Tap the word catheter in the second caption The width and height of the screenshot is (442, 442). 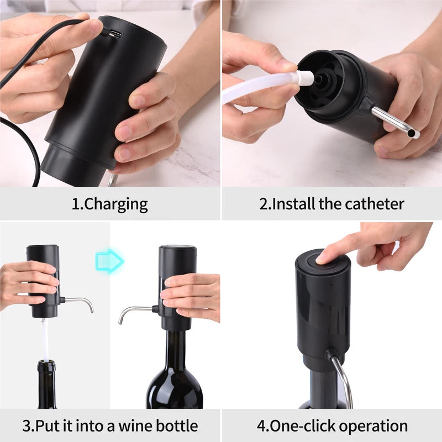pos(375,204)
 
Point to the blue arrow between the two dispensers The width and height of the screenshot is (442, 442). pos(108,260)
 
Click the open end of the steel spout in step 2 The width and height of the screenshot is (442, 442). pos(413,133)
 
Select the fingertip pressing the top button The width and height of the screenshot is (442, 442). pos(322,256)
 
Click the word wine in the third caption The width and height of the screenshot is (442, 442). pos(126,426)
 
